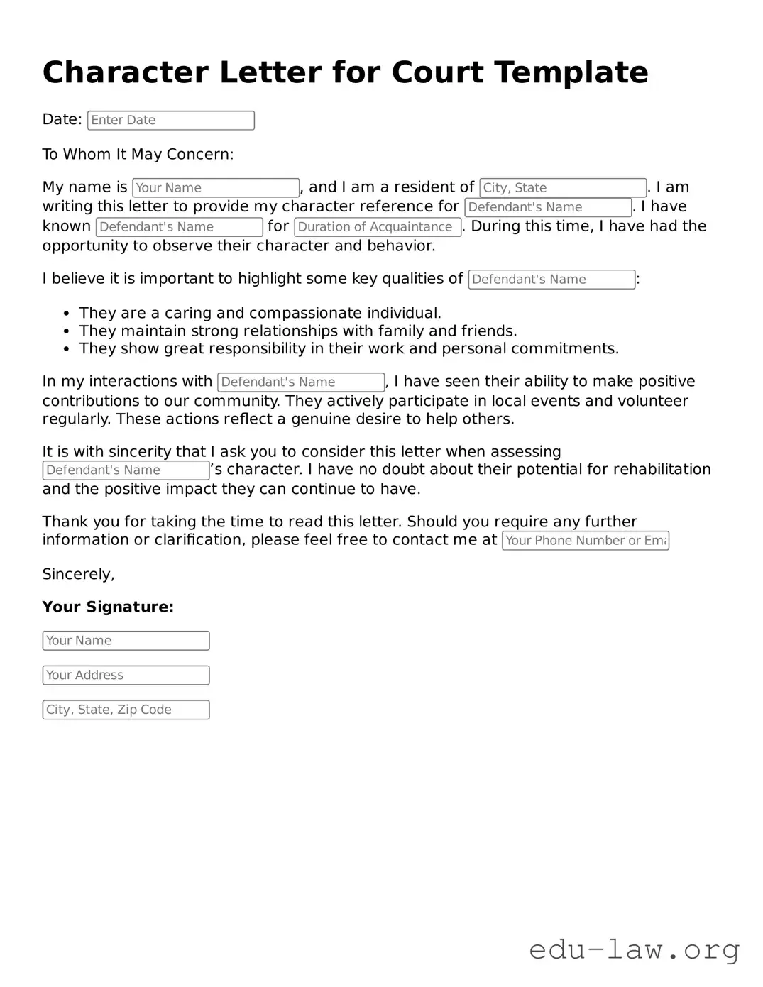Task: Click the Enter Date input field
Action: tap(170, 121)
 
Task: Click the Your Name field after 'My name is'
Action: tap(216, 188)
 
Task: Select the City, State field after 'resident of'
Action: tap(563, 188)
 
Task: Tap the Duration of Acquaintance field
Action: tap(378, 227)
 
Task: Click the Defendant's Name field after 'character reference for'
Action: tap(548, 207)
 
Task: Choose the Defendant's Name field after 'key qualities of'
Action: tap(551, 280)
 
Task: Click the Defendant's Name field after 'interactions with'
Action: tap(301, 382)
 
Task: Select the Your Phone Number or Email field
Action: tap(586, 541)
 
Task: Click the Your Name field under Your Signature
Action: tap(126, 641)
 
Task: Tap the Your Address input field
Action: tap(126, 676)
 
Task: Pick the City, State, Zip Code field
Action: tap(126, 710)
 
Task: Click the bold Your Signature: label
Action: tap(108, 607)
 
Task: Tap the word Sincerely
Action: tap(78, 575)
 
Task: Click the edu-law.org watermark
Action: tap(635, 949)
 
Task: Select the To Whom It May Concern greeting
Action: tap(138, 155)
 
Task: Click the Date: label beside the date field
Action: tap(62, 120)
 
